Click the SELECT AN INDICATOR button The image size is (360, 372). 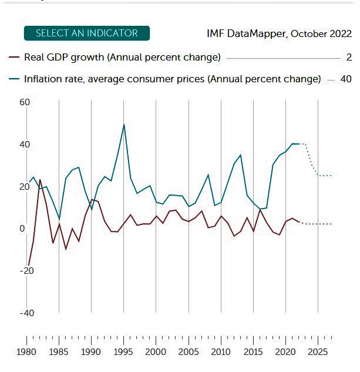pyautogui.click(x=87, y=33)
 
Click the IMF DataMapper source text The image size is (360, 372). pyautogui.click(x=279, y=33)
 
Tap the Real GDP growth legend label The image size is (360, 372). pyautogui.click(x=122, y=58)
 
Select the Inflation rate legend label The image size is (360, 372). pyautogui.click(x=173, y=79)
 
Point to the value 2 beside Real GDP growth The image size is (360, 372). pyautogui.click(x=349, y=58)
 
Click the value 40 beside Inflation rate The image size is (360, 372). pyautogui.click(x=345, y=79)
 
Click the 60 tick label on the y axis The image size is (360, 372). pyautogui.click(x=24, y=102)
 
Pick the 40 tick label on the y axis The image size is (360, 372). pyautogui.click(x=24, y=145)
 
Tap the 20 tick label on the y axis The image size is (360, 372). pyautogui.click(x=24, y=187)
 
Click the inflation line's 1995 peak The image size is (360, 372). pyautogui.click(x=124, y=125)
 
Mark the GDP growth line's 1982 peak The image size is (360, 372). pyautogui.click(x=40, y=180)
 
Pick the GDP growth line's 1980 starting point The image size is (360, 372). pyautogui.click(x=28, y=265)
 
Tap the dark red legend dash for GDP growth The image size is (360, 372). pyautogui.click(x=14, y=58)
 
